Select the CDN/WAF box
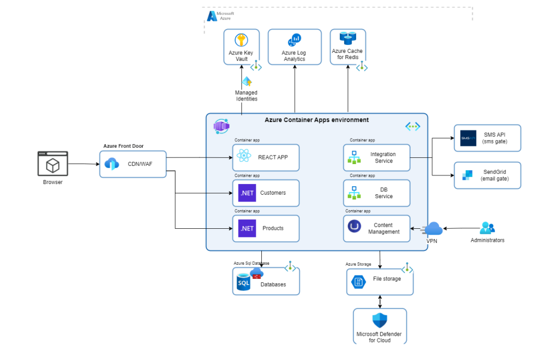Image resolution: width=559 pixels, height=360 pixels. click(x=133, y=164)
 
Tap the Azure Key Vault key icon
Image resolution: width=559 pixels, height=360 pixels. click(x=241, y=40)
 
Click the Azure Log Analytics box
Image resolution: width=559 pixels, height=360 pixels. click(x=294, y=47)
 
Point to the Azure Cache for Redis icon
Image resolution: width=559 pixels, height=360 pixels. click(x=347, y=38)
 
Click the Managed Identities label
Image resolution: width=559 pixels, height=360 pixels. click(x=247, y=95)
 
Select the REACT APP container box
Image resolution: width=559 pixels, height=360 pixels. click(x=265, y=157)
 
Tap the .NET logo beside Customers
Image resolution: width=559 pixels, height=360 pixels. click(x=247, y=193)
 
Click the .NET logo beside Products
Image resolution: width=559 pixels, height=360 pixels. click(x=247, y=228)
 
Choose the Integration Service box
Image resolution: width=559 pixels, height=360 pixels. click(x=376, y=157)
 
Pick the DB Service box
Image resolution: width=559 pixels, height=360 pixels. click(x=376, y=193)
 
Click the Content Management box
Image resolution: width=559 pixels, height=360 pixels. click(x=376, y=228)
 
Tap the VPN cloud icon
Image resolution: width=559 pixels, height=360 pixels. click(x=433, y=229)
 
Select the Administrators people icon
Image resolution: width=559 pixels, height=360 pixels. click(x=487, y=228)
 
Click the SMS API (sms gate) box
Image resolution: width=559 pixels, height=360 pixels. click(x=487, y=138)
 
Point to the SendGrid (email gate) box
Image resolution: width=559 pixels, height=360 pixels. click(x=487, y=175)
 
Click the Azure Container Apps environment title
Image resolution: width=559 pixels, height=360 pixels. click(x=316, y=120)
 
